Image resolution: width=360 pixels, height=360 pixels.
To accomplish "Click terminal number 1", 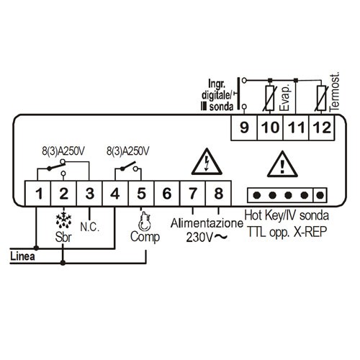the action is (38, 194).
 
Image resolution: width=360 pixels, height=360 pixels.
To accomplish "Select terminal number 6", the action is (167, 194).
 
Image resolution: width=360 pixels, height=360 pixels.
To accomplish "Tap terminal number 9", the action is (244, 127).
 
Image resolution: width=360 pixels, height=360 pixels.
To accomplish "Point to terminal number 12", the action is (322, 127).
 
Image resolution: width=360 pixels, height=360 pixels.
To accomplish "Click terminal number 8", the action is (218, 194).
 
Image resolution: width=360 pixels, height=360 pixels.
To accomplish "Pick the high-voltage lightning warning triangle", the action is (207, 161).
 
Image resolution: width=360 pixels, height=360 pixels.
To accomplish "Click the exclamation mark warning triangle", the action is (282, 164).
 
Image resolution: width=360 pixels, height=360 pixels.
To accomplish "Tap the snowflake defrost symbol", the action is (63, 220).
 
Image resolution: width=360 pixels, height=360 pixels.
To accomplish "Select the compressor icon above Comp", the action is (145, 221).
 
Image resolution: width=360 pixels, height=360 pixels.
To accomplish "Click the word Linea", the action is (22, 256).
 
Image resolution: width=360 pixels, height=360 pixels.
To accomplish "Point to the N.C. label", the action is (89, 227).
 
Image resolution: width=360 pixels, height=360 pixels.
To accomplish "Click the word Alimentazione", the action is (207, 223).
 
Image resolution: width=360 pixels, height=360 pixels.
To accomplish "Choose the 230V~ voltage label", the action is (207, 238).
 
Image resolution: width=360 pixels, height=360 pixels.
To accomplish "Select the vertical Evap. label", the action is (285, 97).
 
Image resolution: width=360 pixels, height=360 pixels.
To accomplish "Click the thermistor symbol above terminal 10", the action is (270, 98).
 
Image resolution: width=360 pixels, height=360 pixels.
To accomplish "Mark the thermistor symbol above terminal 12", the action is (322, 98).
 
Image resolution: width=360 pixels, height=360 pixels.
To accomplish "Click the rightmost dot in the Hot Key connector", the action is (320, 195).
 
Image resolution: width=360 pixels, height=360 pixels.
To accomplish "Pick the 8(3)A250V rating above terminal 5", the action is (128, 151).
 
